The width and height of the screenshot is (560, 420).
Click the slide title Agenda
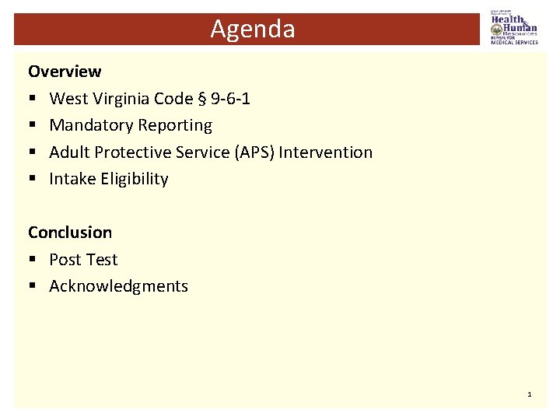click(253, 30)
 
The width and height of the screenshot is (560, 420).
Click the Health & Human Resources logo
click(513, 26)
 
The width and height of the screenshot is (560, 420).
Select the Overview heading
click(65, 72)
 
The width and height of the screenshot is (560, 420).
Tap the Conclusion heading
click(70, 233)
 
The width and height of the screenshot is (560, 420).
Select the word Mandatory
click(88, 125)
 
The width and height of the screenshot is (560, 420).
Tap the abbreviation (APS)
click(254, 152)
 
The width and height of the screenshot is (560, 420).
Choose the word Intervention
click(325, 152)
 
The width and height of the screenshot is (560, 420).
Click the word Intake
click(70, 179)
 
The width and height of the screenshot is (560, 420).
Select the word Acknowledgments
click(118, 286)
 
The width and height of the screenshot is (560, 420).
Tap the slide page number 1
click(530, 395)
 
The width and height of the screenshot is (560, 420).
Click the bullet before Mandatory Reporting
click(33, 126)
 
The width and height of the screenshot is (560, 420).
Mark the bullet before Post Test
click(33, 260)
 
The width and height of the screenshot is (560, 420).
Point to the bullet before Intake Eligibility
click(33, 180)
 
